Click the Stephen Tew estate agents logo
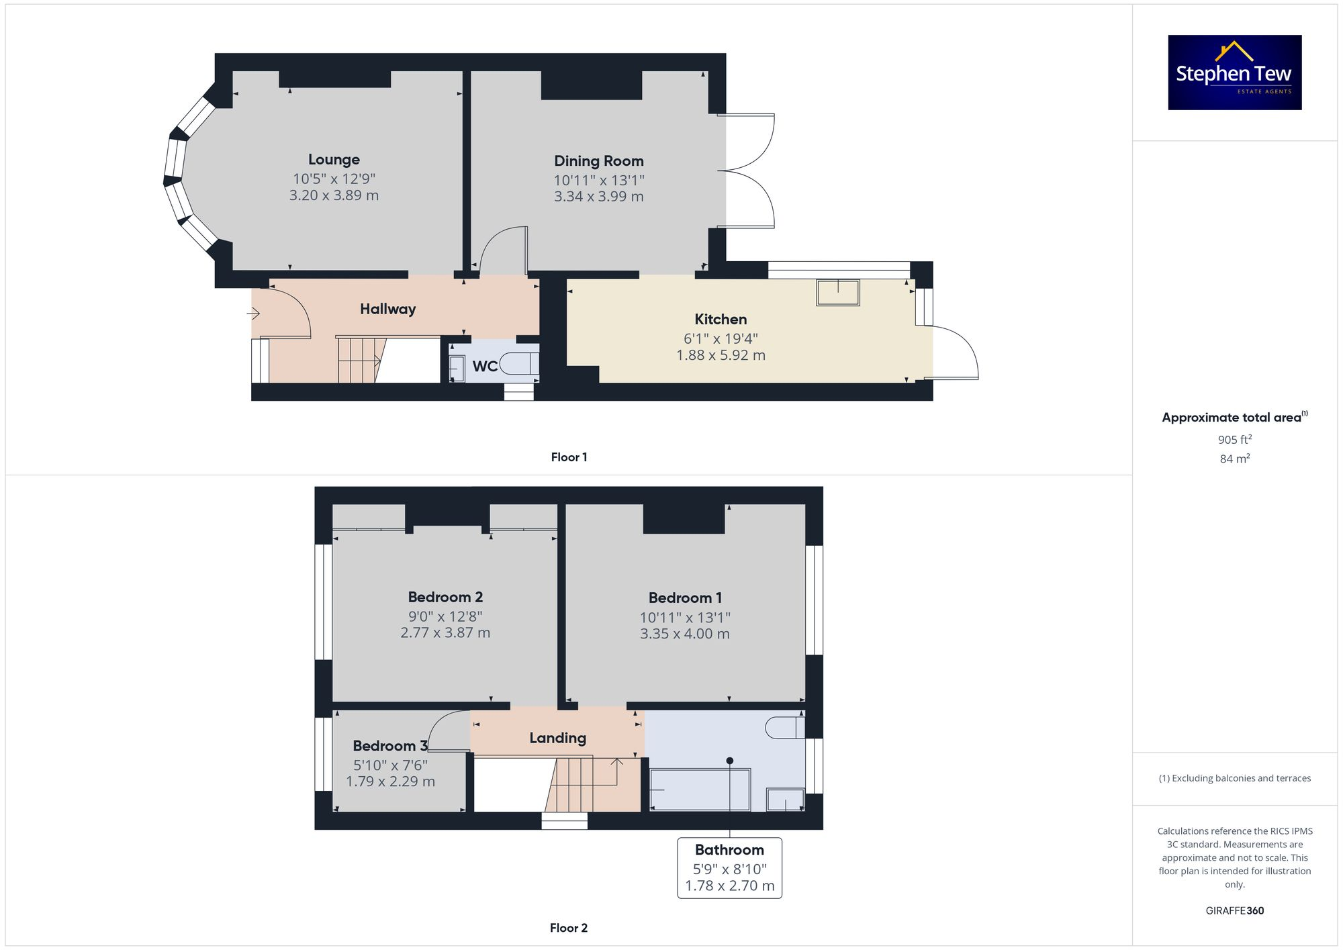[1234, 73]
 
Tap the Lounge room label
[334, 160]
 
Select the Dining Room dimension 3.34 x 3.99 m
[598, 197]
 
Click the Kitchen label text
[721, 320]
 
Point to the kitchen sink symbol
[837, 293]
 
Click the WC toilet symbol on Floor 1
[519, 363]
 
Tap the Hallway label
[387, 309]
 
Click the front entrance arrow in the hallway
[253, 314]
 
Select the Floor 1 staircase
[361, 360]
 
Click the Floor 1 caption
[569, 457]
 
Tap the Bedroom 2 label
[445, 598]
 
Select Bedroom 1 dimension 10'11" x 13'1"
[684, 618]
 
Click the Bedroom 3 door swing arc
[443, 728]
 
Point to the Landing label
[557, 738]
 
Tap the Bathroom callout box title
[729, 850]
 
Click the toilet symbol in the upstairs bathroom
[784, 728]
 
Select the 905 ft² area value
[1234, 440]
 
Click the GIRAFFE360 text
[1234, 911]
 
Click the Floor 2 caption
[568, 928]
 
